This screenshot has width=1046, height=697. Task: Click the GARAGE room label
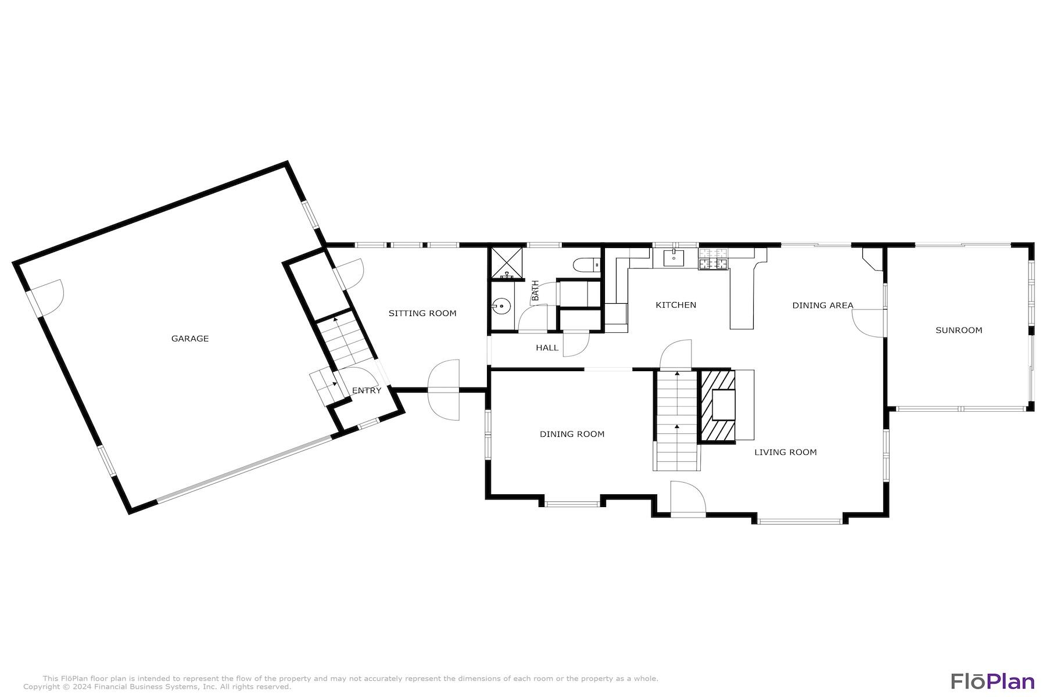[189, 339]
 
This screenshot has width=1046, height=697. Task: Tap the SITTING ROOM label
[422, 313]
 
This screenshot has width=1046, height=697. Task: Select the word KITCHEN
[676, 305]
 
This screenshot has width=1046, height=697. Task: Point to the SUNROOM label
[959, 330]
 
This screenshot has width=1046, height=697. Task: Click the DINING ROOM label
[572, 434]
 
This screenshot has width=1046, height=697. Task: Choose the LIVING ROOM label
[785, 452]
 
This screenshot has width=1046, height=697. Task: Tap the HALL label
[547, 348]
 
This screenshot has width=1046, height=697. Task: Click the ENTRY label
[367, 390]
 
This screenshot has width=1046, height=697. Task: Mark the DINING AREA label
[822, 305]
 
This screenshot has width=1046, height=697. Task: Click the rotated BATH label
[535, 290]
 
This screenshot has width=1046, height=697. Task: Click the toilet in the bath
[585, 265]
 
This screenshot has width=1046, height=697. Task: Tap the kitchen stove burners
[713, 259]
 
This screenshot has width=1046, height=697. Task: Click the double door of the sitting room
[445, 390]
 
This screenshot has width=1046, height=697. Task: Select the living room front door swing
[687, 498]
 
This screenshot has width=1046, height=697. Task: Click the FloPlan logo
[993, 681]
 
